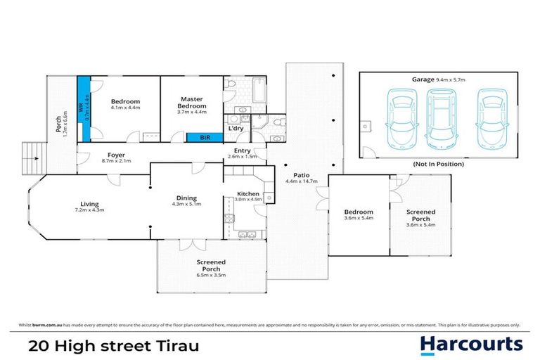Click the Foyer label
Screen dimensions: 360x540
(x=116, y=155)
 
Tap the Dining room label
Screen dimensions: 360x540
(x=186, y=198)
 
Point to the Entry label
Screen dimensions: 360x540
(x=242, y=150)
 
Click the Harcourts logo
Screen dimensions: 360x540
(x=472, y=344)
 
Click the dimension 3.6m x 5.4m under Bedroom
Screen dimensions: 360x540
(x=359, y=219)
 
